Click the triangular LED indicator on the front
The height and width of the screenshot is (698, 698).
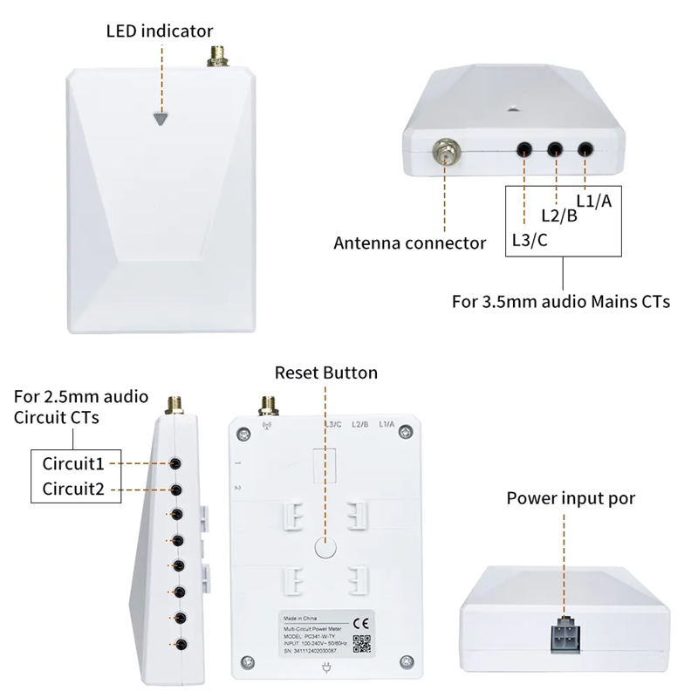[160, 119]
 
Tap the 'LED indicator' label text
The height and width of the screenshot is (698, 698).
[160, 31]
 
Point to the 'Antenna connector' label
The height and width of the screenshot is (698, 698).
[410, 243]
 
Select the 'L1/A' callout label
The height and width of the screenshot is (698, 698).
[594, 202]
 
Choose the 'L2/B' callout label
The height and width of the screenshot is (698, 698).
[559, 216]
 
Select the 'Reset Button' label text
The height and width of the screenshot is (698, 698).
[326, 373]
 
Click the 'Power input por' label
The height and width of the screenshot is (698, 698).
[571, 498]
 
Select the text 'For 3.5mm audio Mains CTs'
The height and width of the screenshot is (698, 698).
[561, 303]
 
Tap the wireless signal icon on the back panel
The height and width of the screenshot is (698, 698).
[243, 428]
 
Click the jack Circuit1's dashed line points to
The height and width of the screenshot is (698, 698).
[177, 462]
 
